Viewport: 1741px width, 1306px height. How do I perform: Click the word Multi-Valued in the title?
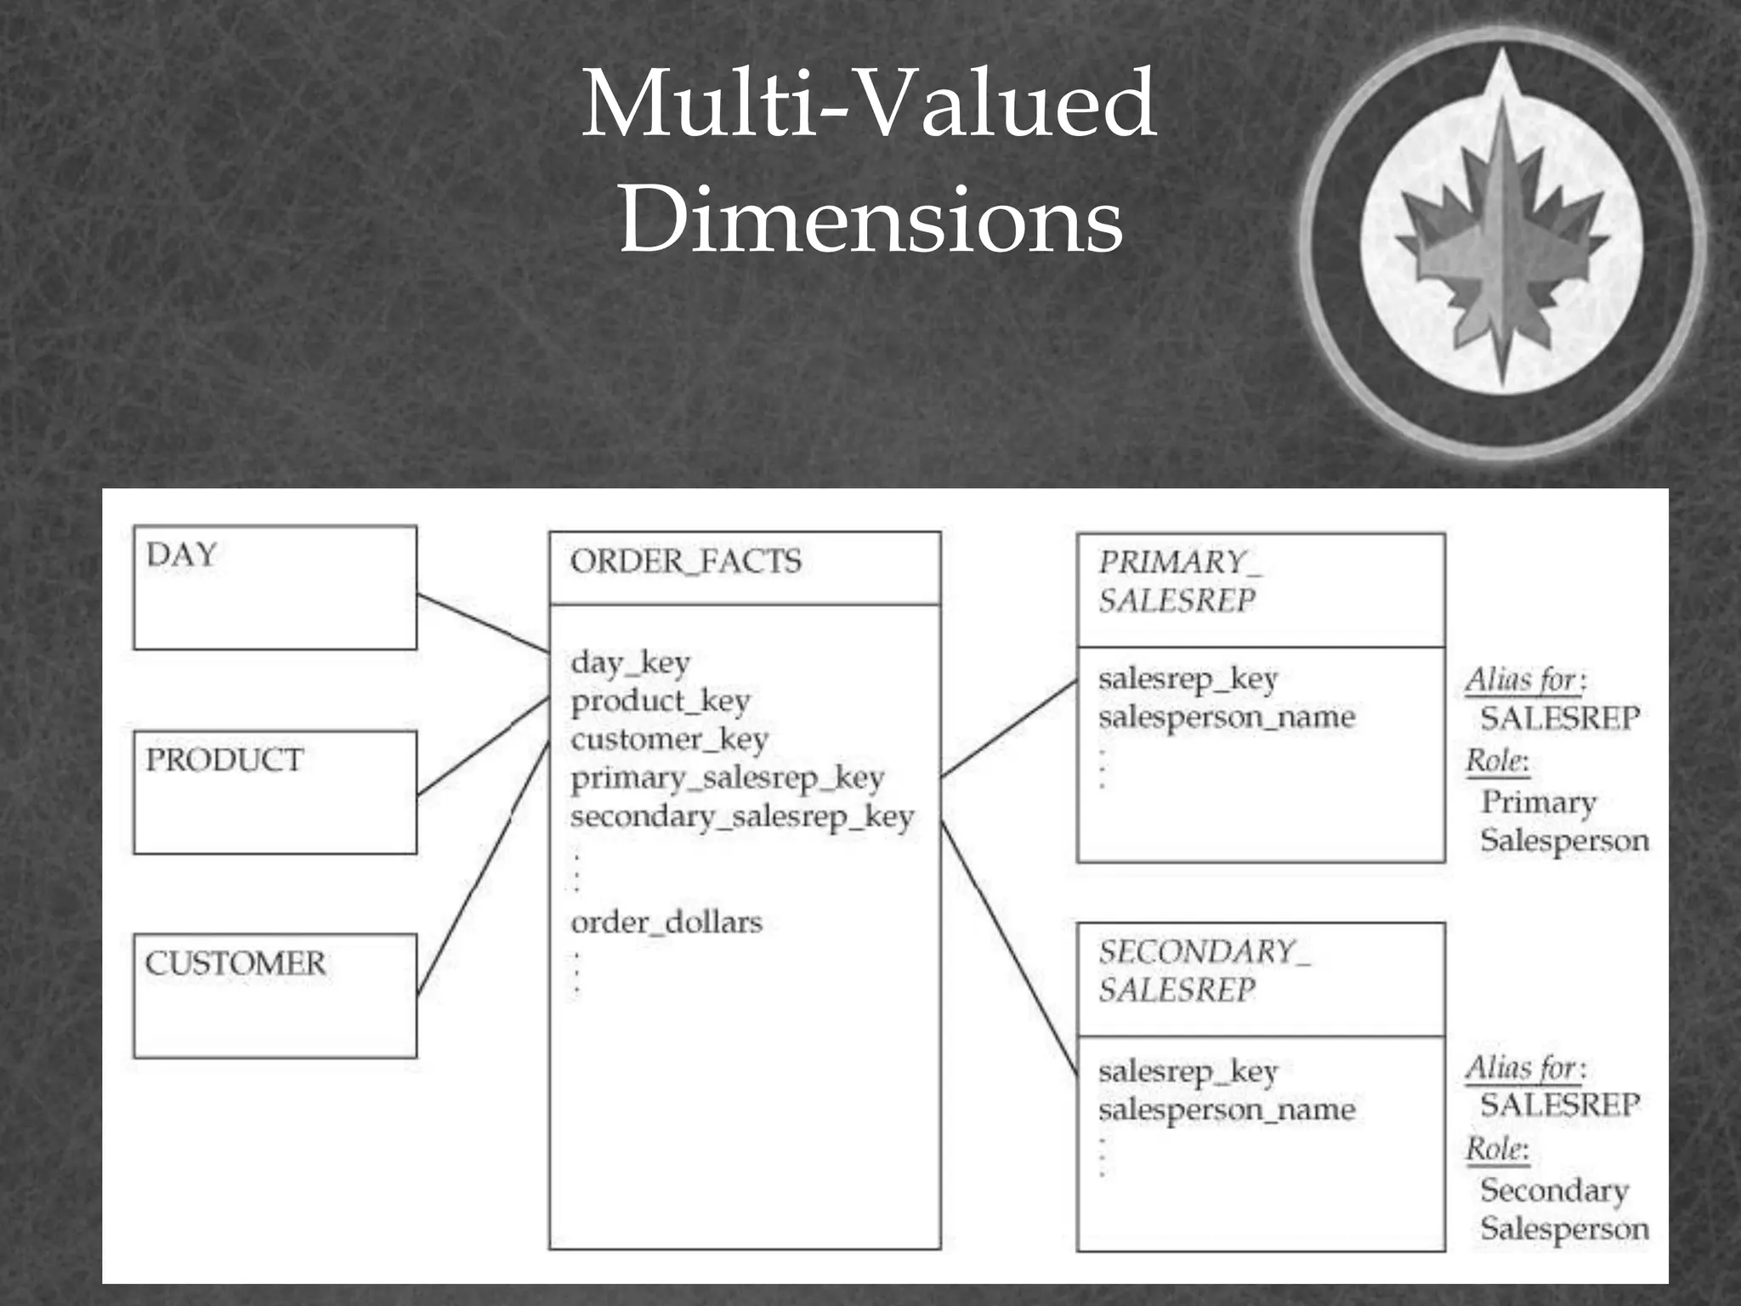point(869,105)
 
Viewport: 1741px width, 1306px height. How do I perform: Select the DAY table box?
point(275,588)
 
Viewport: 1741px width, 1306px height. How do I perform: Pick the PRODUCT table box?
point(275,792)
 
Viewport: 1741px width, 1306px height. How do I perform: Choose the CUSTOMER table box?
point(275,996)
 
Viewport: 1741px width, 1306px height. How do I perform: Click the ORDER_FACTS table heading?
point(686,561)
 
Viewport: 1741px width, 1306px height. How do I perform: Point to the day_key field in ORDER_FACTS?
point(630,662)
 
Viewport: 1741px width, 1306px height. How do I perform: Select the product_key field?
point(661,701)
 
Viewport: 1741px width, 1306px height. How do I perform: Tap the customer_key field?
point(669,739)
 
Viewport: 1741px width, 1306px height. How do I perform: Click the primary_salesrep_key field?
point(728,777)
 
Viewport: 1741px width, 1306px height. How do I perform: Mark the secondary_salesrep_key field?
point(742,816)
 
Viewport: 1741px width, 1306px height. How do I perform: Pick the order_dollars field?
point(666,922)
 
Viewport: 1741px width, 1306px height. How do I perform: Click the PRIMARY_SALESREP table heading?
point(1179,582)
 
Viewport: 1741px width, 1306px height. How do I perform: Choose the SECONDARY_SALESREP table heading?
point(1203,970)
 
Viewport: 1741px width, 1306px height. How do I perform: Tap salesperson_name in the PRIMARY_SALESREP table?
point(1227,717)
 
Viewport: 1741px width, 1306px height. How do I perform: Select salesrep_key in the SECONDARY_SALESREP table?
point(1188,1071)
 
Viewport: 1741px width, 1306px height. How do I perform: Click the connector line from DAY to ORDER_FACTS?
point(483,622)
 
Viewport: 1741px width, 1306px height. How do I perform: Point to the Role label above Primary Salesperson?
point(1496,760)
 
